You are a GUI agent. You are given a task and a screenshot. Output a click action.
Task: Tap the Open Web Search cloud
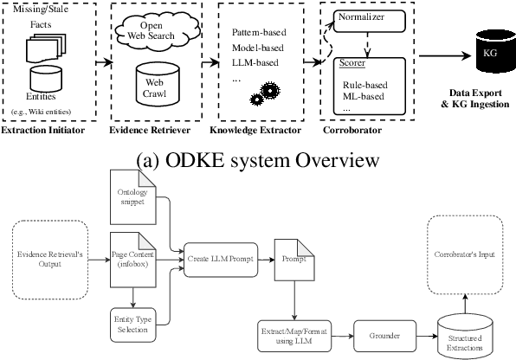pos(145,32)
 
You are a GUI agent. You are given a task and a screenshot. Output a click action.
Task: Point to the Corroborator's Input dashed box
pos(465,257)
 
